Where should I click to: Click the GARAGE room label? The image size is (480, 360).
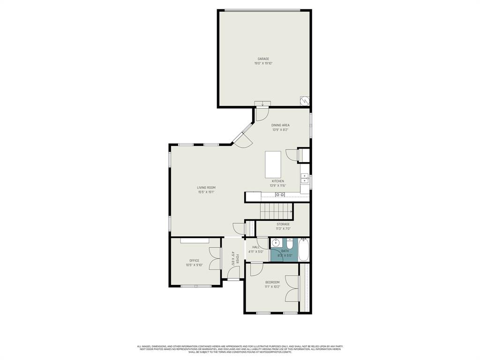pos(263,59)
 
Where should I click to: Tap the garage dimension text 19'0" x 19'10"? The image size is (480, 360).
pos(263,63)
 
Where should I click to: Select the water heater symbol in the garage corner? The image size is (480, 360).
pos(305,101)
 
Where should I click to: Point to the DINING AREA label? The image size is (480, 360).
pos(280,125)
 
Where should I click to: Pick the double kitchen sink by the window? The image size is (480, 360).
pos(304,178)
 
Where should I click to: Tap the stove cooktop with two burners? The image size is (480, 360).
pos(280,195)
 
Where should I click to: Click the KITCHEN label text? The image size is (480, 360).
pos(277,181)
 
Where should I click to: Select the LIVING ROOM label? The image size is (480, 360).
pos(206,187)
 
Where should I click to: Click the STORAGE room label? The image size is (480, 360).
pos(283,224)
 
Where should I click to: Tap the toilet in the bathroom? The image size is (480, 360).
pos(290,244)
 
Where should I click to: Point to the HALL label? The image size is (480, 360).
pos(256,247)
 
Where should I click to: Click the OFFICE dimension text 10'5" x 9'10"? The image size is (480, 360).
pos(194,265)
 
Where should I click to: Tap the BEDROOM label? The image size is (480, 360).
pos(272,282)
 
